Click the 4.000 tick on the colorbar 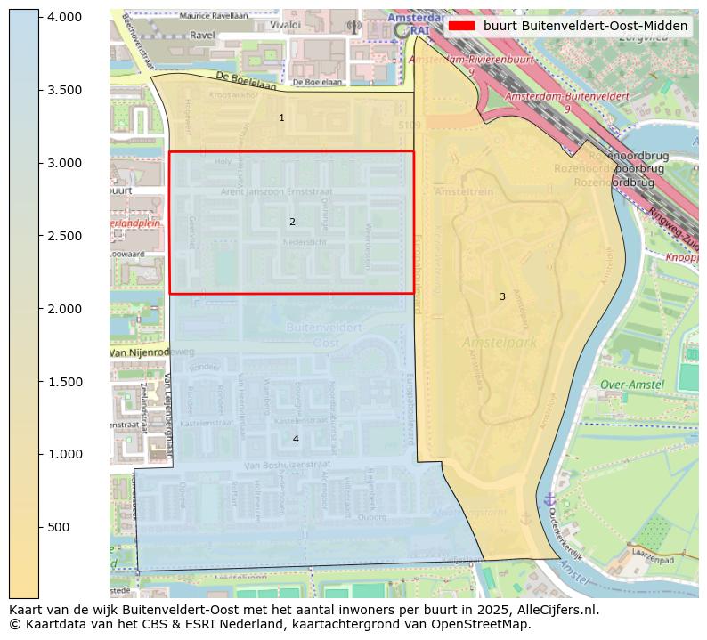(x=39, y=17)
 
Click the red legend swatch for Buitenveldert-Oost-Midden (x=461, y=26)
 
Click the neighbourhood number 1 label (x=281, y=117)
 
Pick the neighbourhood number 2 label (x=292, y=222)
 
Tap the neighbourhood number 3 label (x=502, y=296)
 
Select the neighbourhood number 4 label (x=296, y=439)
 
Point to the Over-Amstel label (x=632, y=384)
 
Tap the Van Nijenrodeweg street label (x=151, y=352)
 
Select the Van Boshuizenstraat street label (x=288, y=464)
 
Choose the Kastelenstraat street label (x=301, y=420)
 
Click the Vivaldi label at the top (x=286, y=26)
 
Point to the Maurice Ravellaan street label (x=214, y=15)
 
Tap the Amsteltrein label (x=463, y=191)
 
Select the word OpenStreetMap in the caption (x=484, y=624)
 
